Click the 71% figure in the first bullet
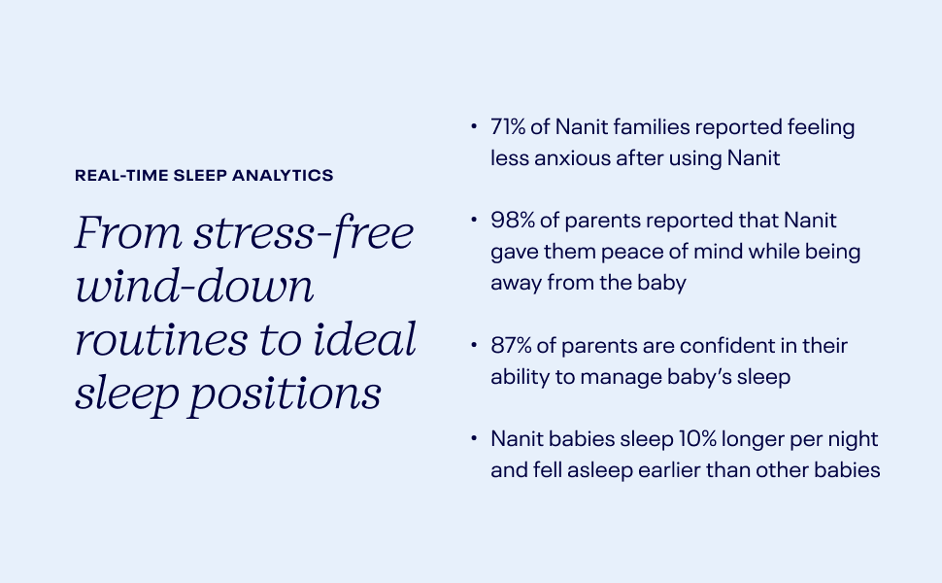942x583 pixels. pos(508,127)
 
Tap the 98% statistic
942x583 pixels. pos(513,220)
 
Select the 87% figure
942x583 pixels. pos(511,346)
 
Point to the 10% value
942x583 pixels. pos(697,439)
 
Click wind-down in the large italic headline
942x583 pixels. pos(194,285)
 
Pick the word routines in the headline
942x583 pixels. pos(161,339)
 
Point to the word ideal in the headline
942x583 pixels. pos(365,338)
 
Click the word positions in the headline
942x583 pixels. pos(286,394)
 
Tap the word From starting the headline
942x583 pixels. pos(128,232)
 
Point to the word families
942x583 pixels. pos(652,127)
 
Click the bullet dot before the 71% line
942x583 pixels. pos(474,126)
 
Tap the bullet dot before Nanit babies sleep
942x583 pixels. pos(474,438)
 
